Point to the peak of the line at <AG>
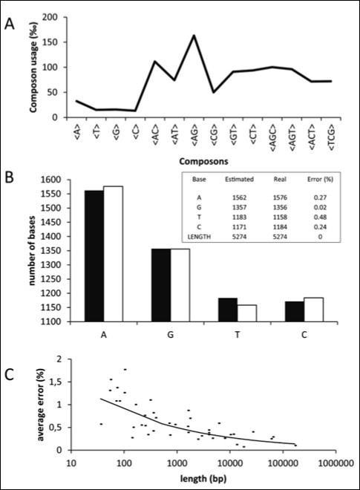click(194, 36)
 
